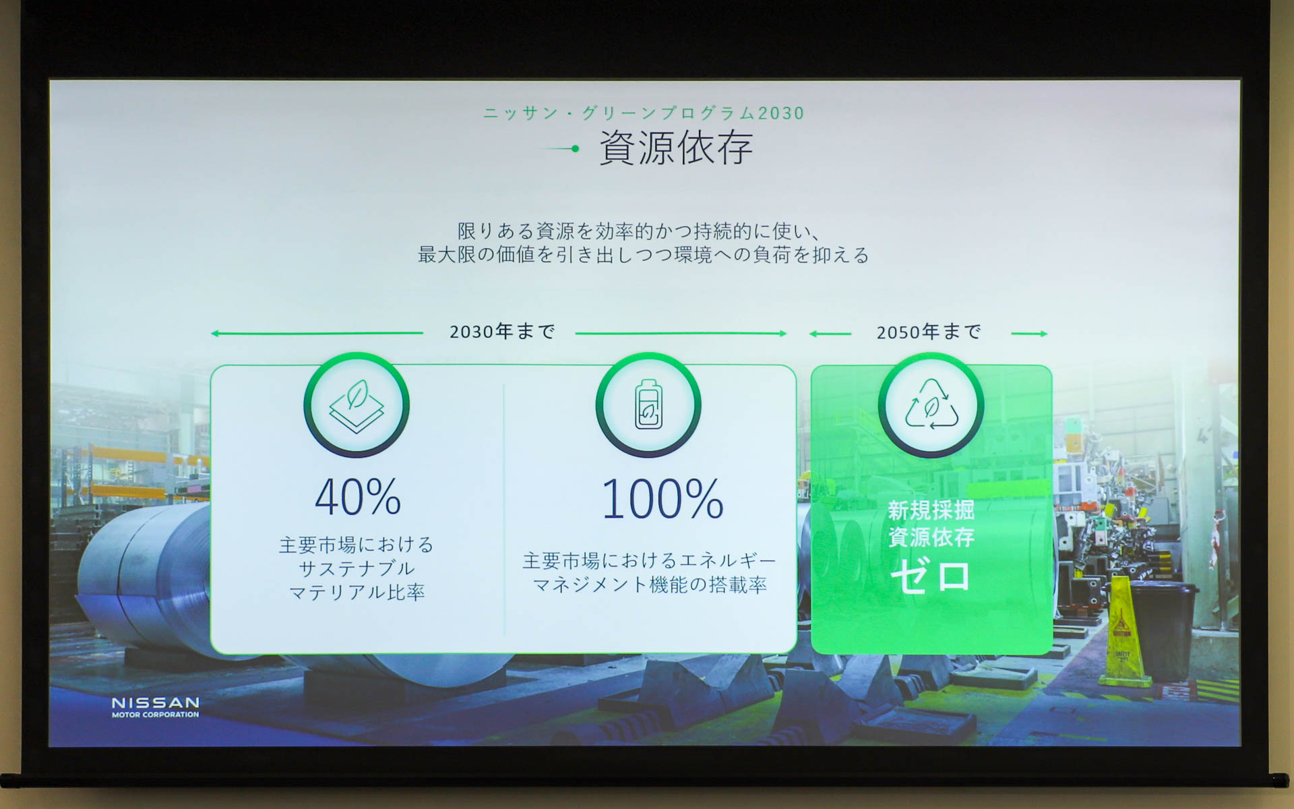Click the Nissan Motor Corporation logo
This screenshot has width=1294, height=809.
point(155,707)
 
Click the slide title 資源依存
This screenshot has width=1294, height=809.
point(675,148)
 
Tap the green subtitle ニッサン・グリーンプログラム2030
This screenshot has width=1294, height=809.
point(644,113)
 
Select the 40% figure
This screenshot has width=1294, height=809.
point(358,498)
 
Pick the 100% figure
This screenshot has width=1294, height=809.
point(663,500)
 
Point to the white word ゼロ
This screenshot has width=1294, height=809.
point(931,577)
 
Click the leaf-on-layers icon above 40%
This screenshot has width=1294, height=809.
point(357,405)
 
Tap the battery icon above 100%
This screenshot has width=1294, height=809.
point(648,405)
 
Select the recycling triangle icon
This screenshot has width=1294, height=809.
point(931,405)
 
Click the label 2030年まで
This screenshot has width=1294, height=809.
point(502,332)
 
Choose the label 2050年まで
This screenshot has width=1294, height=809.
point(929,332)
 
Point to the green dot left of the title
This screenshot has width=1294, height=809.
point(575,149)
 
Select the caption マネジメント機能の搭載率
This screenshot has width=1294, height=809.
point(650,585)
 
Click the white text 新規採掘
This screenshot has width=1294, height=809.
point(931,510)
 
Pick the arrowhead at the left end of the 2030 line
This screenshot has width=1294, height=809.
point(215,334)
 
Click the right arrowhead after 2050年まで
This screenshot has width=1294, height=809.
point(1043,334)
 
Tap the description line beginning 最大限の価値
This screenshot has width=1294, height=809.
point(644,255)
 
